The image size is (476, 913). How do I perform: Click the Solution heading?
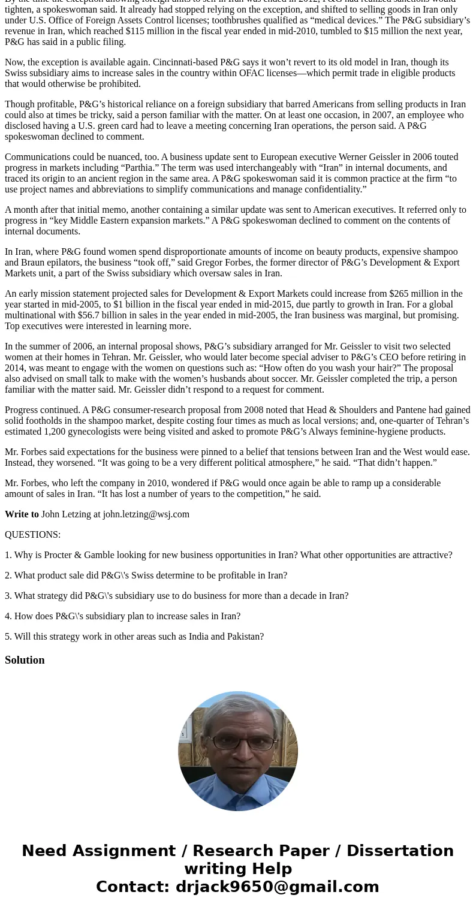(x=25, y=660)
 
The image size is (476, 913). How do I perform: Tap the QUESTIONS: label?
(x=32, y=535)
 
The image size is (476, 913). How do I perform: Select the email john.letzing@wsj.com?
(x=146, y=514)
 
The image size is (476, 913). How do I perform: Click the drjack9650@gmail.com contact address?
(x=277, y=887)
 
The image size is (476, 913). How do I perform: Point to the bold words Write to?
(x=22, y=514)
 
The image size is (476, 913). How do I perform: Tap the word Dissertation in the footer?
(x=400, y=851)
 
